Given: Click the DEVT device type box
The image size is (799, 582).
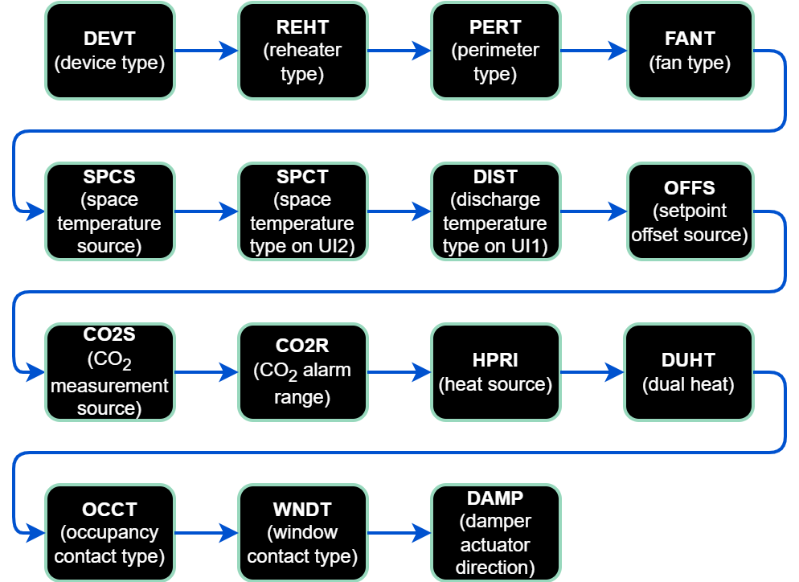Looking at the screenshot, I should click(x=109, y=51).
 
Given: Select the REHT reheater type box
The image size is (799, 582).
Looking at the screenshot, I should click(x=302, y=51).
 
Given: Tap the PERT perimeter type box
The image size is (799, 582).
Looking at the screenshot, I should click(x=495, y=51).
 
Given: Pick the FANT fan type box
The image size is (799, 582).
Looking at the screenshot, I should click(x=690, y=51).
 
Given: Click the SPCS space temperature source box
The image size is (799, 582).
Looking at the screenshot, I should click(x=109, y=211).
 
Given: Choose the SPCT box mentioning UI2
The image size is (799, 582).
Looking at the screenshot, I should click(x=302, y=211).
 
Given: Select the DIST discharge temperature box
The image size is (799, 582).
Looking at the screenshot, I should click(x=495, y=211).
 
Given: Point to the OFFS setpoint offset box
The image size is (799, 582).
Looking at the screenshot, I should click(x=690, y=211).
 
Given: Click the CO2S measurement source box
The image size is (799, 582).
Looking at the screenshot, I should click(x=109, y=372).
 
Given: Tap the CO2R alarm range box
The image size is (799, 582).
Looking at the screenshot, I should click(x=302, y=372).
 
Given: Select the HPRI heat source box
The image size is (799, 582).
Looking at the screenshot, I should click(x=495, y=372).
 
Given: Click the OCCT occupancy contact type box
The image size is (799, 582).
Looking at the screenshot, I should click(x=109, y=533).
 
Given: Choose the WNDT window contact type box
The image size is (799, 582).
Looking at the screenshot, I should click(x=302, y=533).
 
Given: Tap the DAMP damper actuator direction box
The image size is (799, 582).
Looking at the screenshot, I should click(x=495, y=533).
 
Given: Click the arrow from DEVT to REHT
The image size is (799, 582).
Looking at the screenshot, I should click(x=206, y=51).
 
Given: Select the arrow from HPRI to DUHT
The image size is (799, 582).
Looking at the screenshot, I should click(x=592, y=372).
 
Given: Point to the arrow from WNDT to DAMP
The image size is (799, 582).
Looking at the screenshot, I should click(x=399, y=533).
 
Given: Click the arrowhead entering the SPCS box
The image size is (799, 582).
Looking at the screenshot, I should click(x=35, y=211).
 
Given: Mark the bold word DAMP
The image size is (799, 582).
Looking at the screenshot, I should click(x=495, y=499).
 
